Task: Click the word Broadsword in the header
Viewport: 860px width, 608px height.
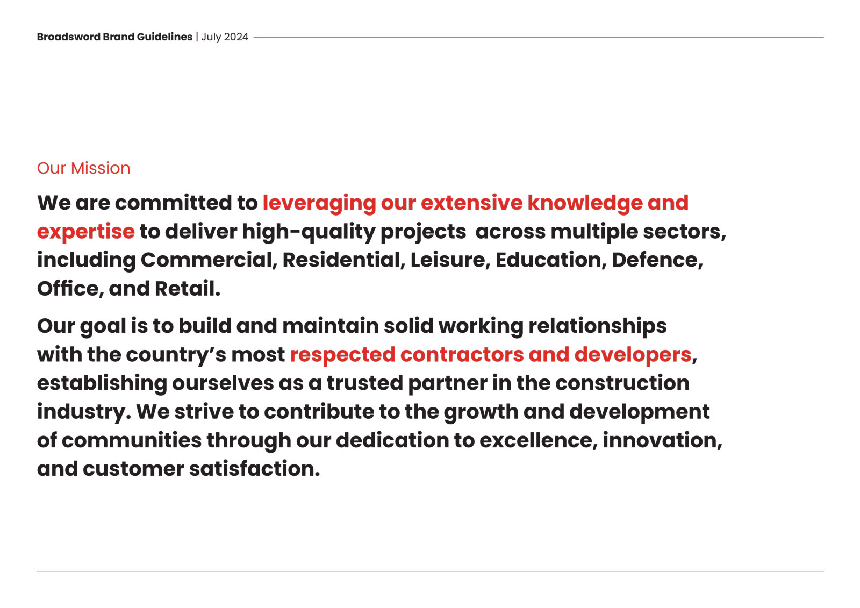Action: pos(69,37)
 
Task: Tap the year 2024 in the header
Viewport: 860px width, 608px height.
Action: pos(236,37)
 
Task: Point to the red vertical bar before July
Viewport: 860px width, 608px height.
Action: pos(197,37)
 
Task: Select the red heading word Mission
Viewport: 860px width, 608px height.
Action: pos(101,168)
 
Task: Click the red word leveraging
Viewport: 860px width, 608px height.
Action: pos(319,204)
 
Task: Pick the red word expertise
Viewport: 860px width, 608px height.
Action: pos(85,232)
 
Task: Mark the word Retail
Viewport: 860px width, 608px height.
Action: pos(188,289)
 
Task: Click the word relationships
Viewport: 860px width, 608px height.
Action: pos(597,326)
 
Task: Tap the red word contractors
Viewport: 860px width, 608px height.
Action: pos(462,354)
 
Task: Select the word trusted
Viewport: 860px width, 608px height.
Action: pos(365,383)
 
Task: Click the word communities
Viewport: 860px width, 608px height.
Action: pos(132,440)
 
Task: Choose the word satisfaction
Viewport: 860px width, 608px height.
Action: pos(255,469)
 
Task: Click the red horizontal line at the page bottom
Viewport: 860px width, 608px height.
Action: pos(431,571)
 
